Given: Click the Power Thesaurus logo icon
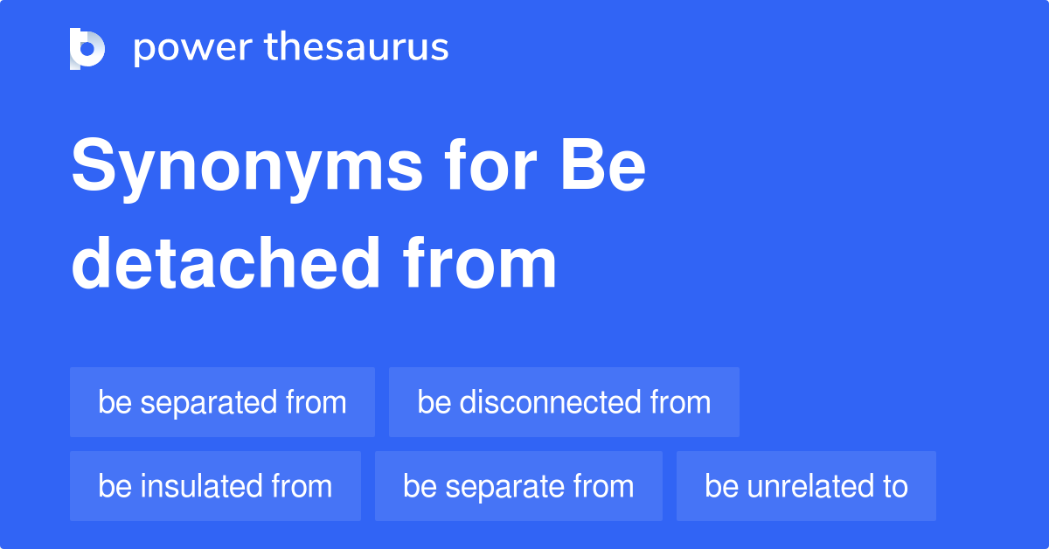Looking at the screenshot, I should tap(87, 49).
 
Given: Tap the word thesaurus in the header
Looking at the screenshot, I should tap(357, 48).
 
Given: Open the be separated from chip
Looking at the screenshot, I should tap(222, 402).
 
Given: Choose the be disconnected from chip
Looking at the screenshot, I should tap(564, 402).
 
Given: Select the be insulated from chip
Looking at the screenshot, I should tap(215, 486).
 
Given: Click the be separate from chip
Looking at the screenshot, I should tap(518, 486).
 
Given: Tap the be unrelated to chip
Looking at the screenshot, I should tap(806, 486).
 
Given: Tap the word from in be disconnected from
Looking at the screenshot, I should tap(680, 402).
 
